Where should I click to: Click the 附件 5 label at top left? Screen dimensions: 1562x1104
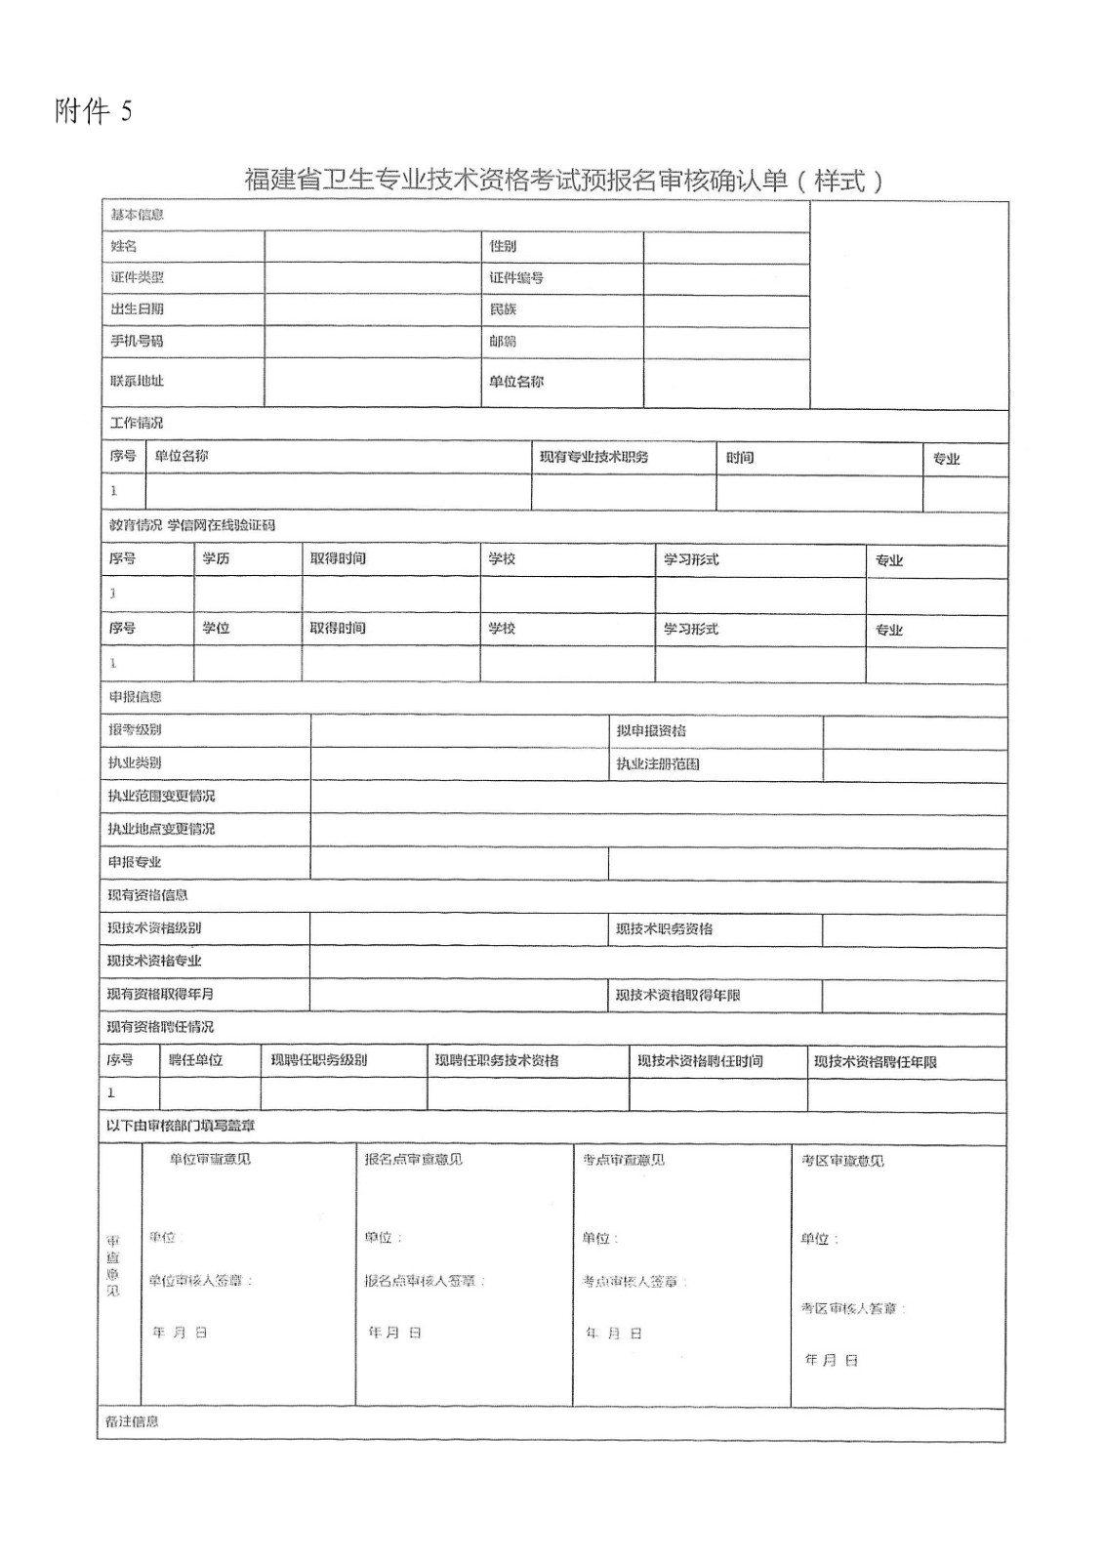[93, 112]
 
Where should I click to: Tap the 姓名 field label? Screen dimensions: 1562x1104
[124, 246]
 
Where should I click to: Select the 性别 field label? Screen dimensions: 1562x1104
[503, 246]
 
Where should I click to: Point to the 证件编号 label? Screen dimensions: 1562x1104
[516, 278]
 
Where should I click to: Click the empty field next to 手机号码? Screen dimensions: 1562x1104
[375, 342]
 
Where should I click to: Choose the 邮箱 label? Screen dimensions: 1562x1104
[503, 342]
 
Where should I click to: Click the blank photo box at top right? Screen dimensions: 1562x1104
[909, 305]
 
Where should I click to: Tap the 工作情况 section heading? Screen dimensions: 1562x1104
[136, 423]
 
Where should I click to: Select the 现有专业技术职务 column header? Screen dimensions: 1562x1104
[593, 457]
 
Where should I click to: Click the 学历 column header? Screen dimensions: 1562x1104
[216, 558]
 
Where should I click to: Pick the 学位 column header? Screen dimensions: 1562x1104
[216, 628]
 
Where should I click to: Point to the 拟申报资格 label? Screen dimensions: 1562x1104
[651, 730]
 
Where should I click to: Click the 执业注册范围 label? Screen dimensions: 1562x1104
[658, 763]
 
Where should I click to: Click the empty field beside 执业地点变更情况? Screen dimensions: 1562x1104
[658, 829]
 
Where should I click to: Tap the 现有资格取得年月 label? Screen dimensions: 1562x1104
[160, 994]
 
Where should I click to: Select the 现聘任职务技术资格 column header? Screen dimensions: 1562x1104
[497, 1060]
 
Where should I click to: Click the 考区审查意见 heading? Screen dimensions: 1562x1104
[842, 1161]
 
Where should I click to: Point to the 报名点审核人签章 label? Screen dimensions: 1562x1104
[425, 1281]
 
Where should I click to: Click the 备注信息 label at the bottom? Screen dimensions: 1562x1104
[132, 1421]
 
